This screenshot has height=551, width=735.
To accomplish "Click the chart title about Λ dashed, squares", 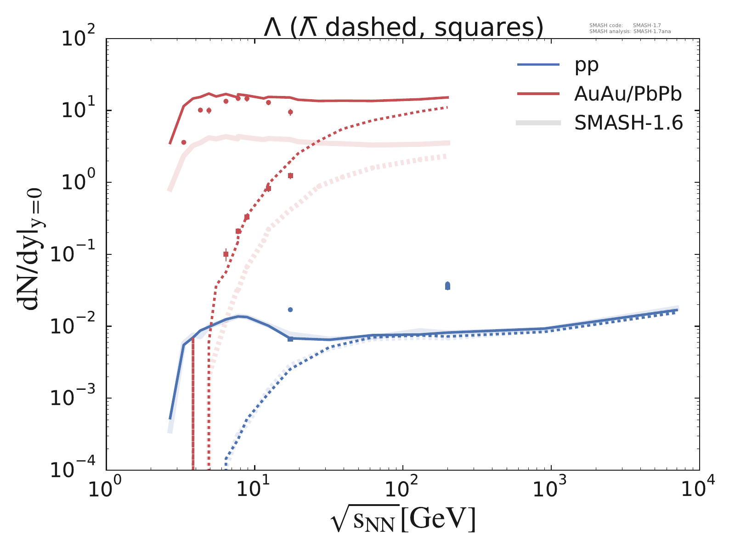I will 403,28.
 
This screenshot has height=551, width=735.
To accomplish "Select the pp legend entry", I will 587,65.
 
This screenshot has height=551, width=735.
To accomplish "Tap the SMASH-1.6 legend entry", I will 628,123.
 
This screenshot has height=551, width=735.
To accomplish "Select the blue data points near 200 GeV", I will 448,286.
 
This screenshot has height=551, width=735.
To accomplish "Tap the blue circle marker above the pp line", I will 290,310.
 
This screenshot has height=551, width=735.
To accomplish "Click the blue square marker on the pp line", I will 290,339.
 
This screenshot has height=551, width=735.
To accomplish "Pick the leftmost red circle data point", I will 184,142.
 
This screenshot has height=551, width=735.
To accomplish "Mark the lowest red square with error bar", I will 226,254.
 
